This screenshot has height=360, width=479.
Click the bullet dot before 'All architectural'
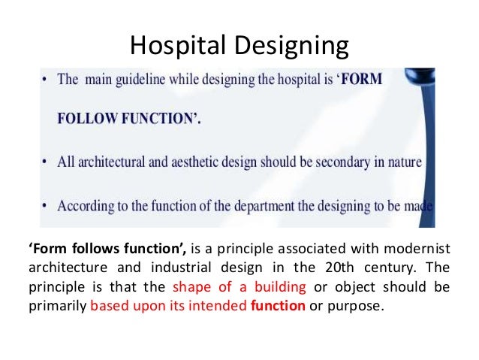pyautogui.click(x=47, y=161)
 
